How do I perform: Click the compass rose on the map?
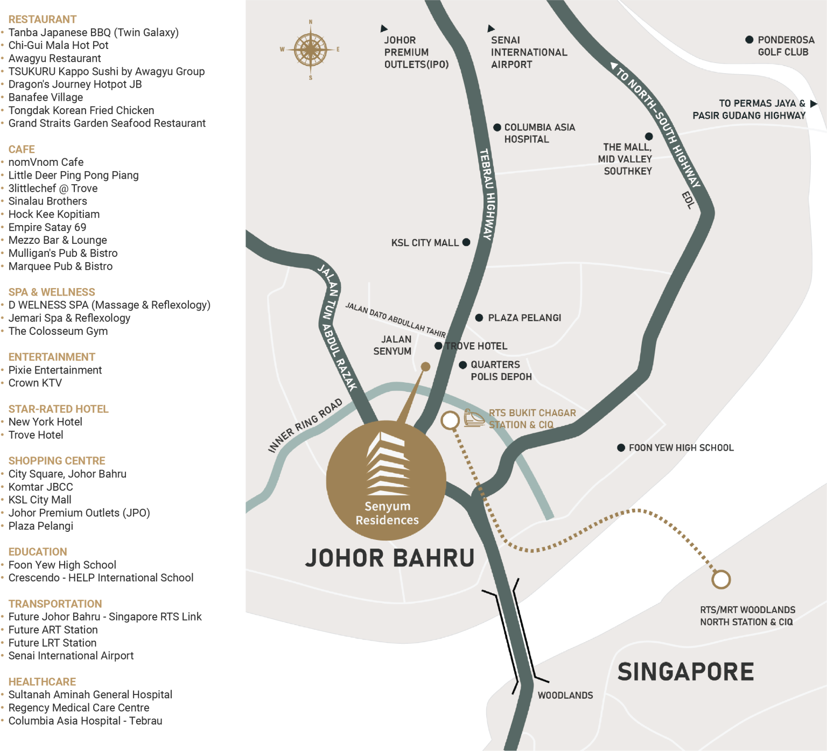click(310, 50)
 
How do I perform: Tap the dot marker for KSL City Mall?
click(466, 242)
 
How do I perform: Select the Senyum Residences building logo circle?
click(386, 480)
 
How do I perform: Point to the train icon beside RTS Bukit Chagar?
click(474, 418)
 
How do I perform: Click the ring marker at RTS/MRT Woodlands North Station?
click(721, 580)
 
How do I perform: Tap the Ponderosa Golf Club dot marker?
click(749, 40)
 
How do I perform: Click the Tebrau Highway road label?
click(487, 194)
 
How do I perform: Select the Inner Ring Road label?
click(305, 425)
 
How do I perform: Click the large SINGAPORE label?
click(685, 672)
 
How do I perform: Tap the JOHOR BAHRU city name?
click(390, 558)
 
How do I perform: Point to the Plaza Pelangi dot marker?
click(479, 318)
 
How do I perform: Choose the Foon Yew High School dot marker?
click(621, 448)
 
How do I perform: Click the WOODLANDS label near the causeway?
click(565, 696)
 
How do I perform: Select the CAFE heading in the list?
click(22, 149)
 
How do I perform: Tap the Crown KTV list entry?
click(35, 383)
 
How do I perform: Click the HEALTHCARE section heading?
click(42, 682)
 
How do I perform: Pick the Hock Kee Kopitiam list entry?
click(54, 214)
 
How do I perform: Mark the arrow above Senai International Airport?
click(490, 28)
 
